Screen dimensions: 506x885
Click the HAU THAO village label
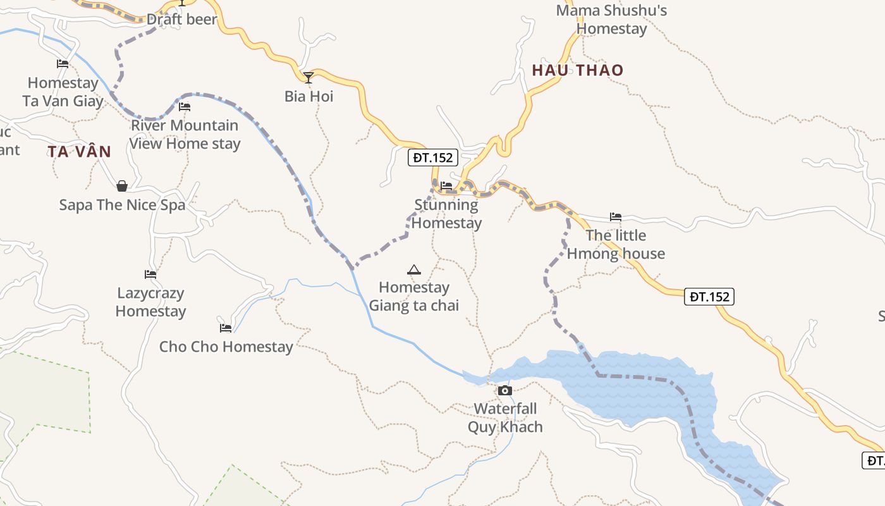[x=578, y=70]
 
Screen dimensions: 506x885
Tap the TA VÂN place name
[x=79, y=152]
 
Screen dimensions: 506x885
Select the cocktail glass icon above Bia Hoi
[x=308, y=78]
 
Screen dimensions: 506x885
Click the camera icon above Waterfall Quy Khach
[x=504, y=390]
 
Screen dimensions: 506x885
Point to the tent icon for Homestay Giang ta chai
[x=414, y=270]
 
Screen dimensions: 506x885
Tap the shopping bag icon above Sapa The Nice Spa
[x=122, y=186]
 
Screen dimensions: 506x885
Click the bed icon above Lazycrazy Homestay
[x=150, y=275]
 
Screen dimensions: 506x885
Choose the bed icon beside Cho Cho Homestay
[x=226, y=328]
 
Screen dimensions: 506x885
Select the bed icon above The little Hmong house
[x=616, y=217]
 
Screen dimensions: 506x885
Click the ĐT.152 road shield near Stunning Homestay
[x=433, y=157]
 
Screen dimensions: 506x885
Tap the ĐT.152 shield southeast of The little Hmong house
[x=709, y=297]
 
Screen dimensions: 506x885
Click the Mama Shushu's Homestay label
[x=611, y=20]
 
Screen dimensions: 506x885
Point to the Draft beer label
[x=182, y=20]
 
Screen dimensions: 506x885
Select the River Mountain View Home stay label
[x=185, y=134]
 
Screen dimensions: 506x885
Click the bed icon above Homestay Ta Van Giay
[x=63, y=64]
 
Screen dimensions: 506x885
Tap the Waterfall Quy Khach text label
[x=505, y=417]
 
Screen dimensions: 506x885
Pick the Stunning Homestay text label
[x=446, y=214]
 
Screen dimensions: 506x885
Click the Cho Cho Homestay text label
[x=226, y=347]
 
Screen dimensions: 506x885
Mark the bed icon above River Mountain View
[x=185, y=107]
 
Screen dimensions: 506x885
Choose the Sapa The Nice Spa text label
[x=122, y=205]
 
